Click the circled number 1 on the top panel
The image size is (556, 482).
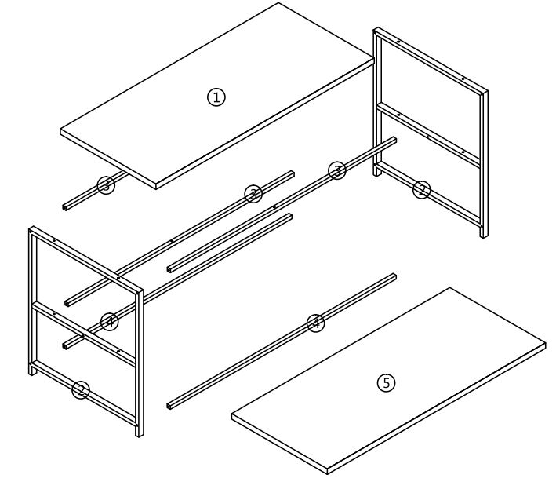click(x=216, y=97)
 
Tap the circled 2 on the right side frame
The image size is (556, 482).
click(x=422, y=189)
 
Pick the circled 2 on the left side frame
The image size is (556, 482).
click(x=81, y=389)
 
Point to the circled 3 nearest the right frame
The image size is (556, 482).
click(x=337, y=170)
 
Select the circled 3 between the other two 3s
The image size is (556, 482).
click(x=253, y=193)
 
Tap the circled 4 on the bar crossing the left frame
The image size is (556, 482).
click(x=110, y=321)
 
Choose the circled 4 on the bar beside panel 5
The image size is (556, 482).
click(x=315, y=323)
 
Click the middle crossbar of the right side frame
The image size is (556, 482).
click(x=427, y=133)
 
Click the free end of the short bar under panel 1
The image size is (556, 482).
click(x=65, y=206)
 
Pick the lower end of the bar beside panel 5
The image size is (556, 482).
click(x=170, y=407)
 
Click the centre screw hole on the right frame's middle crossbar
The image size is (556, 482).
click(x=427, y=134)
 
